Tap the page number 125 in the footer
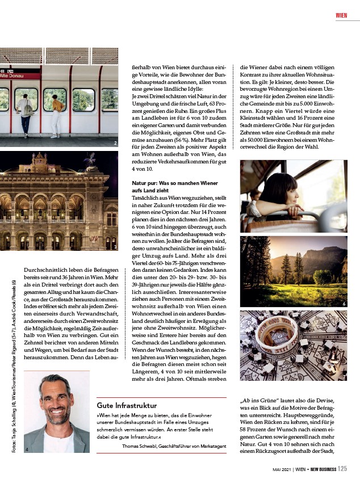click(342, 469)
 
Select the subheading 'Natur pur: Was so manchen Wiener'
click(169, 183)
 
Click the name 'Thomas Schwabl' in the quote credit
click(142, 447)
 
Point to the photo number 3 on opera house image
click(115, 247)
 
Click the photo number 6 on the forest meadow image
click(344, 304)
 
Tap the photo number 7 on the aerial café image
click(344, 377)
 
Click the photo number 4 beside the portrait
click(27, 449)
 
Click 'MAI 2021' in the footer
click(282, 469)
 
